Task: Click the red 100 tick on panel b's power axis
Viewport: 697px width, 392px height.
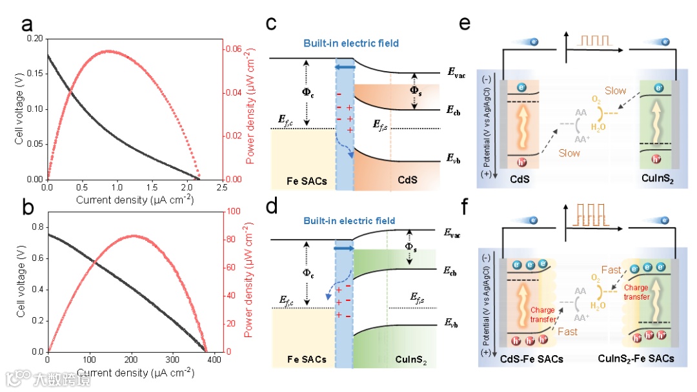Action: coord(233,212)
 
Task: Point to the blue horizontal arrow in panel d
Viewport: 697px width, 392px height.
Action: coord(344,247)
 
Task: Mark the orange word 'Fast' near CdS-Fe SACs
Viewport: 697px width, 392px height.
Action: coord(568,331)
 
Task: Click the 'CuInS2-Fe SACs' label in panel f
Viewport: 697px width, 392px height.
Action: coord(636,358)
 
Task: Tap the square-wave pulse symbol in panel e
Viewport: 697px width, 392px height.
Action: coord(594,41)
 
